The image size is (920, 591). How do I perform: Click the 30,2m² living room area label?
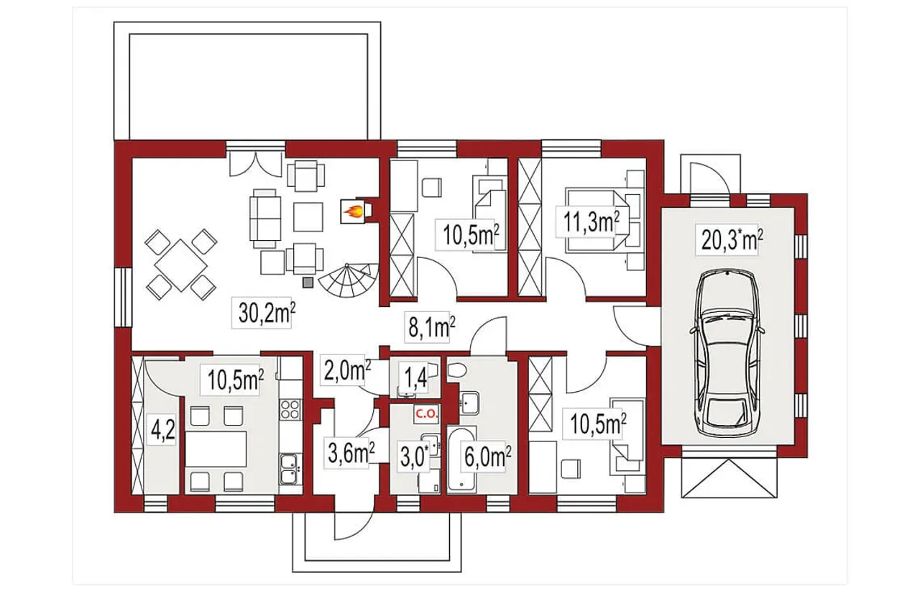click(x=267, y=313)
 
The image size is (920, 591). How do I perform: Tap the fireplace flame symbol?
click(x=353, y=212)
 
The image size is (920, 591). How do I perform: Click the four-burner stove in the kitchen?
click(x=290, y=409)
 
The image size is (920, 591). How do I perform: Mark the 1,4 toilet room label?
click(x=416, y=377)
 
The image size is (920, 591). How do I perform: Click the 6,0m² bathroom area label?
click(x=487, y=457)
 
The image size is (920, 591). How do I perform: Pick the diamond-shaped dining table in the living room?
click(x=181, y=265)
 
